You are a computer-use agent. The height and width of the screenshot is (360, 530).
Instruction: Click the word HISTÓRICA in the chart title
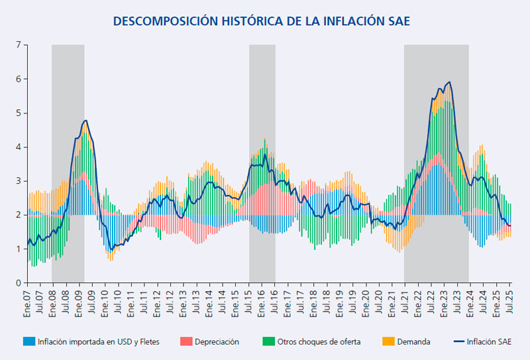pos(248,21)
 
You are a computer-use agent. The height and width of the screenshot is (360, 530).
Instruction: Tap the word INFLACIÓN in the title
pos(352,21)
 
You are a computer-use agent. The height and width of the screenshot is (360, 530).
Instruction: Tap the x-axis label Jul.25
pos(510,302)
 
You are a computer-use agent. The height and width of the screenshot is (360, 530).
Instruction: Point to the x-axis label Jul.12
pos(172,302)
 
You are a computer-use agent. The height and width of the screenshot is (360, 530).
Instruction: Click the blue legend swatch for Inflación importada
pos(29,341)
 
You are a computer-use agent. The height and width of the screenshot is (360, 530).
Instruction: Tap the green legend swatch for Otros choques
pos(268,341)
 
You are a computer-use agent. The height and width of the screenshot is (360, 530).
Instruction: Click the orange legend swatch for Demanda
pos(389,341)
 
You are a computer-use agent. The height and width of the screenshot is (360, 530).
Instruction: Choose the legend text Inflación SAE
pos(488,341)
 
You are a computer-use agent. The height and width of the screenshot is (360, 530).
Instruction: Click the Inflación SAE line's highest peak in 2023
pos(450,82)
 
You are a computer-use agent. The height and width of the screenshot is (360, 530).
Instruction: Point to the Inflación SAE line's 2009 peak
pos(85,121)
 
